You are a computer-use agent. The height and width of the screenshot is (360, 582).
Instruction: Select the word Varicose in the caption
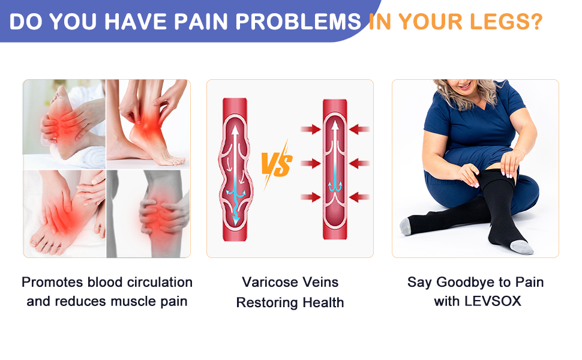(x=267, y=283)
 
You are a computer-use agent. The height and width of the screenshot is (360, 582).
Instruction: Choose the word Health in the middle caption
(x=323, y=302)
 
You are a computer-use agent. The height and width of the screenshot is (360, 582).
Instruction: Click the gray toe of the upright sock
(x=522, y=247)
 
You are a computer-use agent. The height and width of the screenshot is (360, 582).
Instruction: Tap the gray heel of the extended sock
(x=406, y=226)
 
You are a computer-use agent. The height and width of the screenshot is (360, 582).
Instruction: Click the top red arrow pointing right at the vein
(x=311, y=130)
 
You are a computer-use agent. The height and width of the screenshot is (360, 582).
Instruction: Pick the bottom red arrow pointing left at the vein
(x=359, y=197)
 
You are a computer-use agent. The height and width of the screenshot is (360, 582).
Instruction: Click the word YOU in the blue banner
(x=73, y=22)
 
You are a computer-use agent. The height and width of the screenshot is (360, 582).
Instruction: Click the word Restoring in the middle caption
(x=267, y=303)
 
